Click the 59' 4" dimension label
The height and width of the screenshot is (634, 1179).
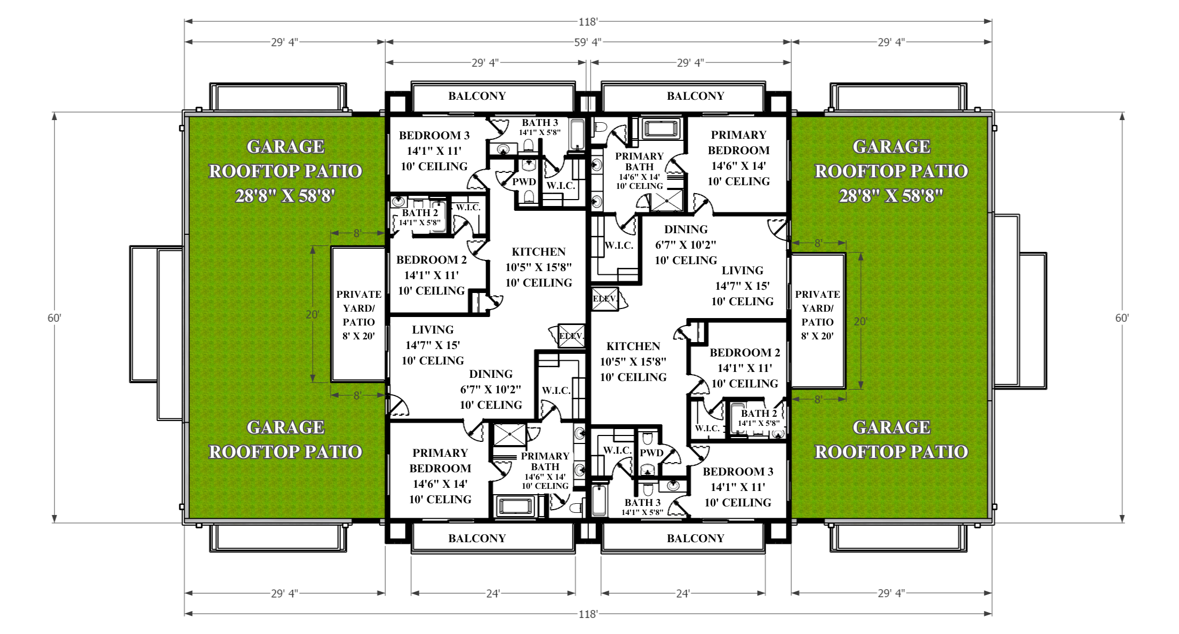[x=587, y=42]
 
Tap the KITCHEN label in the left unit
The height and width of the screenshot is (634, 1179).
[x=539, y=252]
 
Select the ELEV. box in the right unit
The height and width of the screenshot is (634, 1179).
[x=604, y=299]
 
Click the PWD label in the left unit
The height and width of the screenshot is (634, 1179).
[x=524, y=182]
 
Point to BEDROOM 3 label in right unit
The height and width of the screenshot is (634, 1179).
[x=738, y=472]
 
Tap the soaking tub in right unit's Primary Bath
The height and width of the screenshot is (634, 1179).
[x=662, y=129]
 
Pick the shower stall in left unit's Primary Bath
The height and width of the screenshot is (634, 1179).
[x=509, y=435]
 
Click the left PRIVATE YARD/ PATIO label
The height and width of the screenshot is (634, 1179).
[x=359, y=315]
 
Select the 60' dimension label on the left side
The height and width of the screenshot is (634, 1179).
[x=54, y=318]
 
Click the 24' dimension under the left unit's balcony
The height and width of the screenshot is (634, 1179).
[x=493, y=593]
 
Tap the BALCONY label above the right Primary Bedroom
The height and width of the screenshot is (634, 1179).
[x=696, y=96]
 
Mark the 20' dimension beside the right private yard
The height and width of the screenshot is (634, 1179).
[x=861, y=321]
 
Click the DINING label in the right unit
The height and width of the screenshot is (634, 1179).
[x=686, y=229]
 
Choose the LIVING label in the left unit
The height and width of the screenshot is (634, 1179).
[x=433, y=330]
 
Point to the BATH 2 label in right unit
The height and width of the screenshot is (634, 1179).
[x=759, y=414]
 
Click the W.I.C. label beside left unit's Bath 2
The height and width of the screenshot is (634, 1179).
[x=468, y=208]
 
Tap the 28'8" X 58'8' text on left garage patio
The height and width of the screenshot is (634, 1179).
[x=285, y=196]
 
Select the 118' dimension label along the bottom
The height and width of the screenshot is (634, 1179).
[x=588, y=614]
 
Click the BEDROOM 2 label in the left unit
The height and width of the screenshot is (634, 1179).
[x=432, y=260]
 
